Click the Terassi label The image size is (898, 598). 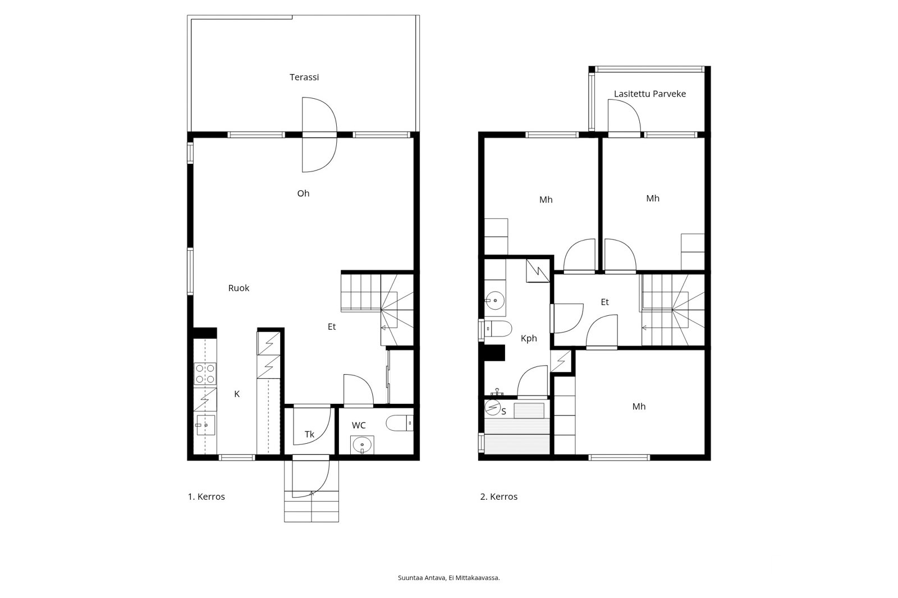(304, 77)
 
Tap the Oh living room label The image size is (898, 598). (303, 194)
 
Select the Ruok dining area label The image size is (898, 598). (239, 288)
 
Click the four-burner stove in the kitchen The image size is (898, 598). (205, 374)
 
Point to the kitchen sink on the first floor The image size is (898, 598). (205, 425)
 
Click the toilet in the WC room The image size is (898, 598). (400, 423)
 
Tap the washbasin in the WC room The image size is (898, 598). (363, 445)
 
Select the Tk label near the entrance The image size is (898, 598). (309, 434)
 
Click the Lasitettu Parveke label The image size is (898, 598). (650, 94)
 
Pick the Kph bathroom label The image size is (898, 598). (529, 338)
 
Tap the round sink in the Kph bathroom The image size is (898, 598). (495, 300)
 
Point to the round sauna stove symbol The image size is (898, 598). (493, 408)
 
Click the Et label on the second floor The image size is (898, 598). (604, 302)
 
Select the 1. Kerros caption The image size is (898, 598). (207, 496)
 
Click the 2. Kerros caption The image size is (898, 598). (499, 496)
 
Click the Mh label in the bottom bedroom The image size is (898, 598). (639, 406)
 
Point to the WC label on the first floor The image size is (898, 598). (359, 425)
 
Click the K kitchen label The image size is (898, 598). (237, 394)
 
